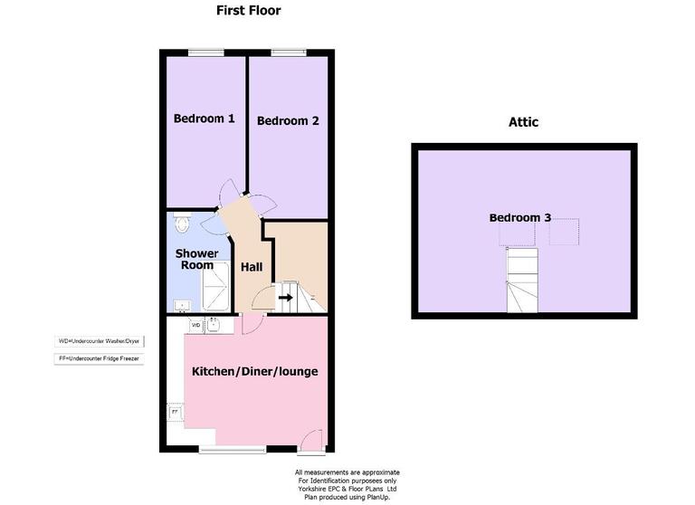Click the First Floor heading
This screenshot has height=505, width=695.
(248, 11)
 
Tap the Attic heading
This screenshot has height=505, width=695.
(523, 122)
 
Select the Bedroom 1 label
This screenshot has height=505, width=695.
(205, 119)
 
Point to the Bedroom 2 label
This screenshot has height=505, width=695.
(288, 120)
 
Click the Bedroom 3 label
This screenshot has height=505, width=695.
(520, 217)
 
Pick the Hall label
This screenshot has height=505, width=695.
(251, 267)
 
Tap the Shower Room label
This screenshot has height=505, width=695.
(195, 259)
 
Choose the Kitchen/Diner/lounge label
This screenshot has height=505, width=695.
(254, 371)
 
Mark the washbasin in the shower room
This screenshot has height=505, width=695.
(179, 304)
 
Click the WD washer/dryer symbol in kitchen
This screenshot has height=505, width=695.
(195, 324)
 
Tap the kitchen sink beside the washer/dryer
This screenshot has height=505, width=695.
(214, 324)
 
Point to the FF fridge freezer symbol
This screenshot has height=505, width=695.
(174, 413)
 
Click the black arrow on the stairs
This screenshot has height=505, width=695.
(286, 296)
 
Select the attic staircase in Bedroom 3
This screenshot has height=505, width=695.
(521, 281)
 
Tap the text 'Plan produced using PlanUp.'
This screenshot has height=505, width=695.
(347, 497)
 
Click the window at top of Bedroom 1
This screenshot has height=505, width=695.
(206, 52)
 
